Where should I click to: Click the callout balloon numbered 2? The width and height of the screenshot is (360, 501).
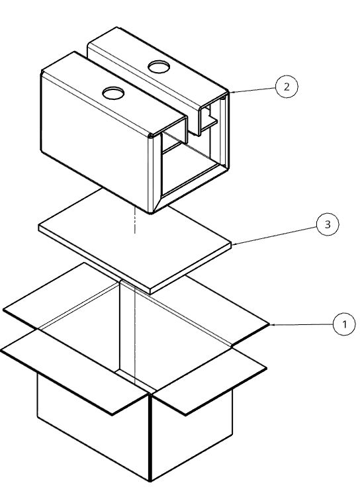287,87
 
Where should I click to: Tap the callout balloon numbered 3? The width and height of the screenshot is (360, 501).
328,224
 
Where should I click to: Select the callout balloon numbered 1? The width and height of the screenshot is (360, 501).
344,324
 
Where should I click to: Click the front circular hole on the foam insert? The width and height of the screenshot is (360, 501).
113,93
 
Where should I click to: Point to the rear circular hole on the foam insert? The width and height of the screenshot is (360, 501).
158,67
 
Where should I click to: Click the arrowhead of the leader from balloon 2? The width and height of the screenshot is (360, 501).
231,92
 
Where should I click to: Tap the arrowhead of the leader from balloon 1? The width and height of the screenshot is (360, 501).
272,324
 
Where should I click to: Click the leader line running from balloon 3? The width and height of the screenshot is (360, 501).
275,236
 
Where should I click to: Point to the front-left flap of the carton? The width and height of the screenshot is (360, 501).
75,372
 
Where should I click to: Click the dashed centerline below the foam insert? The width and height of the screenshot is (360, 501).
135,220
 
